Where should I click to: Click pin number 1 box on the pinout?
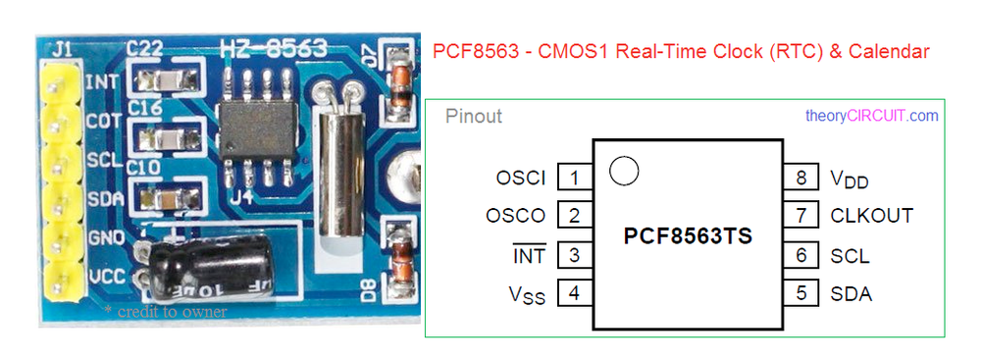pyautogui.click(x=574, y=178)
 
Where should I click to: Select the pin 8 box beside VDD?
pyautogui.click(x=800, y=178)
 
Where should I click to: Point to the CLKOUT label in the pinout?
pyautogui.click(x=871, y=216)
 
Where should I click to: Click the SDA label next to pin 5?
pyautogui.click(x=851, y=293)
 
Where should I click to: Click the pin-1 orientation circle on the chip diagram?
pyautogui.click(x=623, y=171)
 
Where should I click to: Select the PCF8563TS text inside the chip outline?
pyautogui.click(x=688, y=236)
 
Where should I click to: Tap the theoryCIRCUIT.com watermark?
pyautogui.click(x=871, y=116)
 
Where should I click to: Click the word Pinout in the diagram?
pyautogui.click(x=474, y=117)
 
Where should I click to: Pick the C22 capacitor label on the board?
pyautogui.click(x=146, y=48)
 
